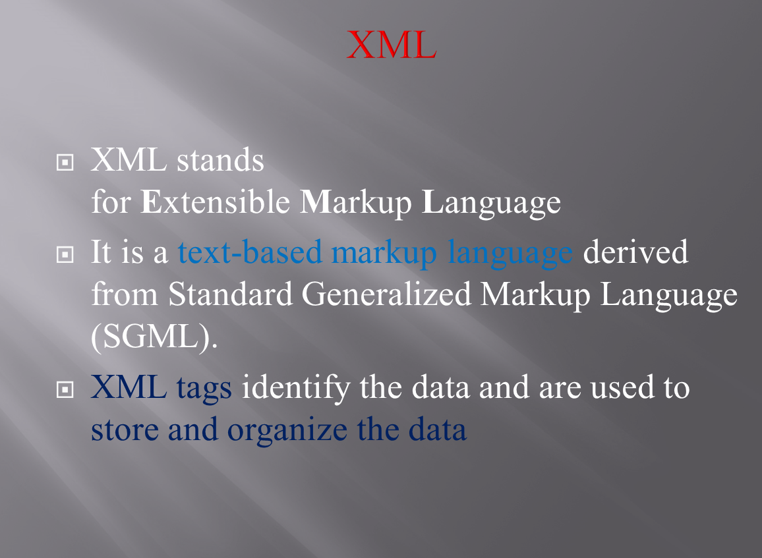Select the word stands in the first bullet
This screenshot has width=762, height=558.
[x=221, y=160]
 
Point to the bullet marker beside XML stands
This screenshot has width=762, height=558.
[x=65, y=163]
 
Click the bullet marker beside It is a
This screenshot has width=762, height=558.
[x=65, y=255]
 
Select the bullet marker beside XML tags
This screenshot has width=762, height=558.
[x=65, y=389]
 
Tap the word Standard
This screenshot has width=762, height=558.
[x=230, y=294]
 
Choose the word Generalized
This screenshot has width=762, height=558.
[x=387, y=296]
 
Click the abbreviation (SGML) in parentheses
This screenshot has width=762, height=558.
[x=154, y=338]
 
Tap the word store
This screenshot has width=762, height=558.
[x=125, y=430]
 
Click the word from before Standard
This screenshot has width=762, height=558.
[x=125, y=294]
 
